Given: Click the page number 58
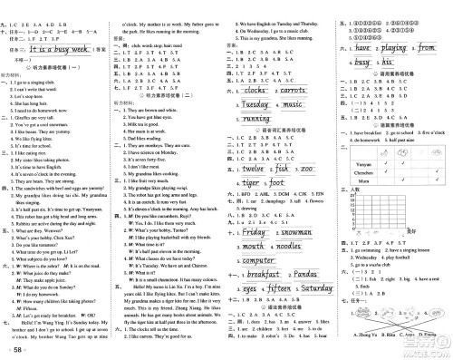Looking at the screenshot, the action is click(17, 347).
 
